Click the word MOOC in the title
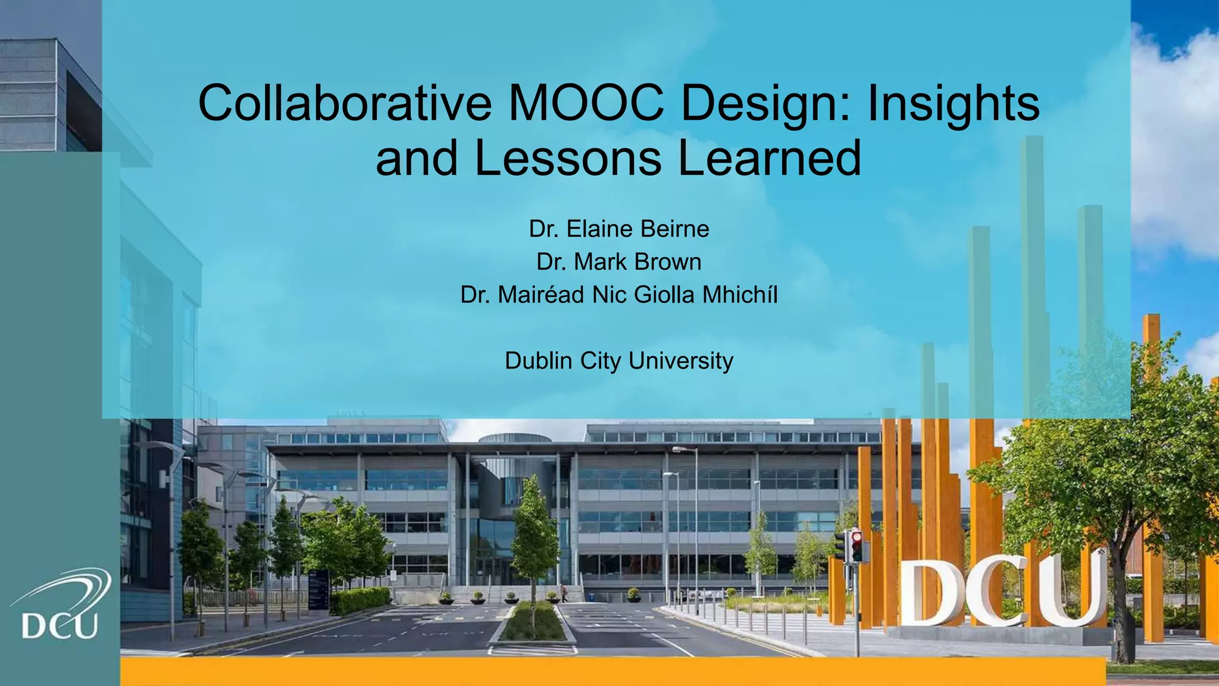[586, 103]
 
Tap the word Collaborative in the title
[345, 103]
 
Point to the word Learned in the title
[770, 158]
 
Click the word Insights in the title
[953, 104]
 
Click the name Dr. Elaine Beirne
[619, 229]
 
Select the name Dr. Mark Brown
[619, 262]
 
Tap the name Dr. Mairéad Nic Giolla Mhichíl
[619, 295]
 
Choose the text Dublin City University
[619, 361]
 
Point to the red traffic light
[857, 539]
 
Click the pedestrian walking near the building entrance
[563, 593]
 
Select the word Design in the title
[767, 104]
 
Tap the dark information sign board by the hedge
[318, 590]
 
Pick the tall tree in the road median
[534, 536]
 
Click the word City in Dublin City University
[600, 361]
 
